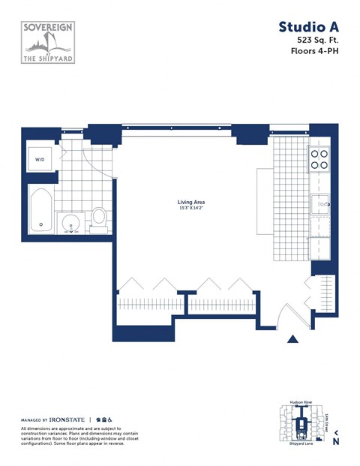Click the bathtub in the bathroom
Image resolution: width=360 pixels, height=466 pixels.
pyautogui.click(x=42, y=210)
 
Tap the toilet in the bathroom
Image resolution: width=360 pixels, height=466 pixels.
pyautogui.click(x=98, y=219)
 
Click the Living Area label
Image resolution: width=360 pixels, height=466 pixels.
pyautogui.click(x=191, y=203)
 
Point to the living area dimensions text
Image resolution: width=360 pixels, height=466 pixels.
pyautogui.click(x=191, y=209)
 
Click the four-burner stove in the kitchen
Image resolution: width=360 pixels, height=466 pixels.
pyautogui.click(x=320, y=159)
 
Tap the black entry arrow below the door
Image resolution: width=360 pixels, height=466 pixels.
pyautogui.click(x=293, y=341)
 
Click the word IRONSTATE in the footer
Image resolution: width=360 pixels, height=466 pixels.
pyautogui.click(x=68, y=419)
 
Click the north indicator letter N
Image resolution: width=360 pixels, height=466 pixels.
pyautogui.click(x=336, y=441)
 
